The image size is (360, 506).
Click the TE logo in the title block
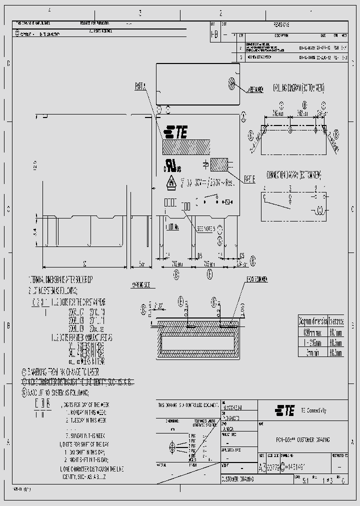point(283,410)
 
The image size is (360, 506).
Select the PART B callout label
point(250,177)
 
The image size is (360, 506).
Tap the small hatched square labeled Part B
point(219,165)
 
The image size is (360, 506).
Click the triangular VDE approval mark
point(171,183)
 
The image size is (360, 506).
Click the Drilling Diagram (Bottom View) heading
point(298,88)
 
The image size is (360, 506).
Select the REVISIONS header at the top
point(282,24)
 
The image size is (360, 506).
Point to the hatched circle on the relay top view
point(231,81)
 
